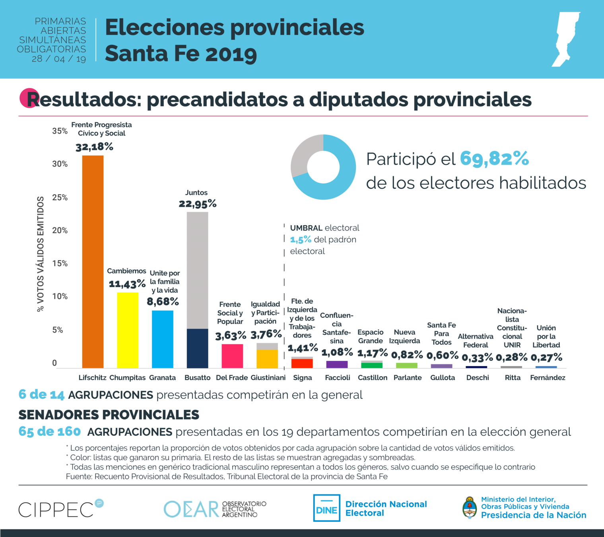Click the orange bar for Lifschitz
pyautogui.click(x=93, y=261)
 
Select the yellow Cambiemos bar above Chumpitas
pyautogui.click(x=128, y=330)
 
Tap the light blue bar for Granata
pyautogui.click(x=163, y=339)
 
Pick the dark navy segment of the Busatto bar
pyautogui.click(x=198, y=348)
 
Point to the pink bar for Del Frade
pyautogui.click(x=232, y=356)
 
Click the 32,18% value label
pyautogui.click(x=95, y=147)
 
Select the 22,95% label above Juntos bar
pyautogui.click(x=198, y=204)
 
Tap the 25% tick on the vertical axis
pyautogui.click(x=60, y=198)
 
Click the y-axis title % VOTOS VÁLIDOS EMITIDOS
pyautogui.click(x=40, y=254)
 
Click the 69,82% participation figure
pyautogui.click(x=494, y=158)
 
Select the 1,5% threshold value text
pyautogui.click(x=301, y=239)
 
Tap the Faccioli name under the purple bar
pyautogui.click(x=338, y=377)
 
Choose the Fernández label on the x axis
pyautogui.click(x=548, y=377)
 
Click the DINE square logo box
pyautogui.click(x=326, y=508)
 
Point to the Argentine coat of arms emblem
pyautogui.click(x=470, y=508)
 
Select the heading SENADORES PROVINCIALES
pyautogui.click(x=109, y=415)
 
